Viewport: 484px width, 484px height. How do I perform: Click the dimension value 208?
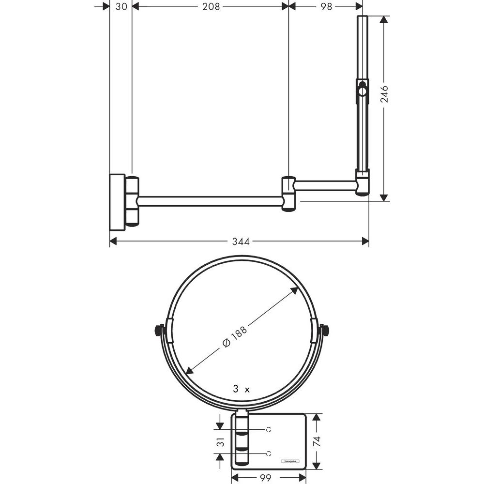(x=211, y=6)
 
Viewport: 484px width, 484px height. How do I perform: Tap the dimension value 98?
(x=327, y=6)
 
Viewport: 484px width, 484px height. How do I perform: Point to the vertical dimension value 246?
(x=384, y=94)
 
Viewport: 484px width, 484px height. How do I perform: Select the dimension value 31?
(x=220, y=441)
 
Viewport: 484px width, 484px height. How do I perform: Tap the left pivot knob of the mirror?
(x=158, y=331)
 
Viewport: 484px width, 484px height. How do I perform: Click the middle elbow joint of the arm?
(x=288, y=194)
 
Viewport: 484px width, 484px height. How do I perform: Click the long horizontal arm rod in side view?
(x=211, y=201)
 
